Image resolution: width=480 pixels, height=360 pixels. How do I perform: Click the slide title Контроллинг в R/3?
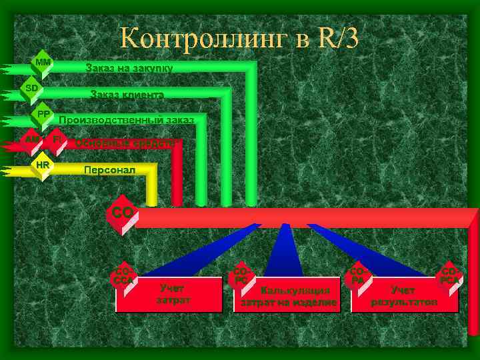point(239,39)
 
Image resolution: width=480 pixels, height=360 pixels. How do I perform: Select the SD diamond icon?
point(32,88)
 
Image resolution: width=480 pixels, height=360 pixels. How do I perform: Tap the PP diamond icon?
point(43,114)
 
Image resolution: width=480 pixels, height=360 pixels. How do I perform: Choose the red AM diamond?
point(30,139)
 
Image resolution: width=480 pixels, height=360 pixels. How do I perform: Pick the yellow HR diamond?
point(43,164)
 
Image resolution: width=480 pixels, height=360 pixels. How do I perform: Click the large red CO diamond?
point(123,213)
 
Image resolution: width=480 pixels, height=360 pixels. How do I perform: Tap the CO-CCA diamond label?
point(124,277)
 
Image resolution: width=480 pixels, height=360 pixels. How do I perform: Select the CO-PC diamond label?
point(241,277)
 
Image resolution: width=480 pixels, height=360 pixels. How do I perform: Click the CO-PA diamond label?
point(359,277)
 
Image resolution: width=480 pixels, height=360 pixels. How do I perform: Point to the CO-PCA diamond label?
point(449,277)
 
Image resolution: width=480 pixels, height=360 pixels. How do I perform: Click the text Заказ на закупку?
point(129,68)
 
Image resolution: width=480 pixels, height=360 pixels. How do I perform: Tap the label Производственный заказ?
point(127,120)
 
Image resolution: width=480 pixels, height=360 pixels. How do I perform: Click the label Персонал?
point(109,170)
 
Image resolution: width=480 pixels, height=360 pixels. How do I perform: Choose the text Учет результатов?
point(404,296)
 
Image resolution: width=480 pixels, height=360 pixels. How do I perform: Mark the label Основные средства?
point(125,142)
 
